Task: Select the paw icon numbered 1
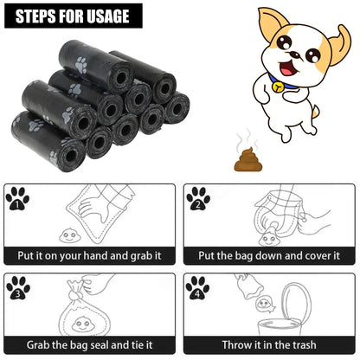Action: [16, 199]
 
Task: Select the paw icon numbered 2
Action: [198, 199]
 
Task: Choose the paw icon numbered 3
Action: [17, 288]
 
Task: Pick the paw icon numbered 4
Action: [198, 288]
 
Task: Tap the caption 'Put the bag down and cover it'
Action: [270, 256]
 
